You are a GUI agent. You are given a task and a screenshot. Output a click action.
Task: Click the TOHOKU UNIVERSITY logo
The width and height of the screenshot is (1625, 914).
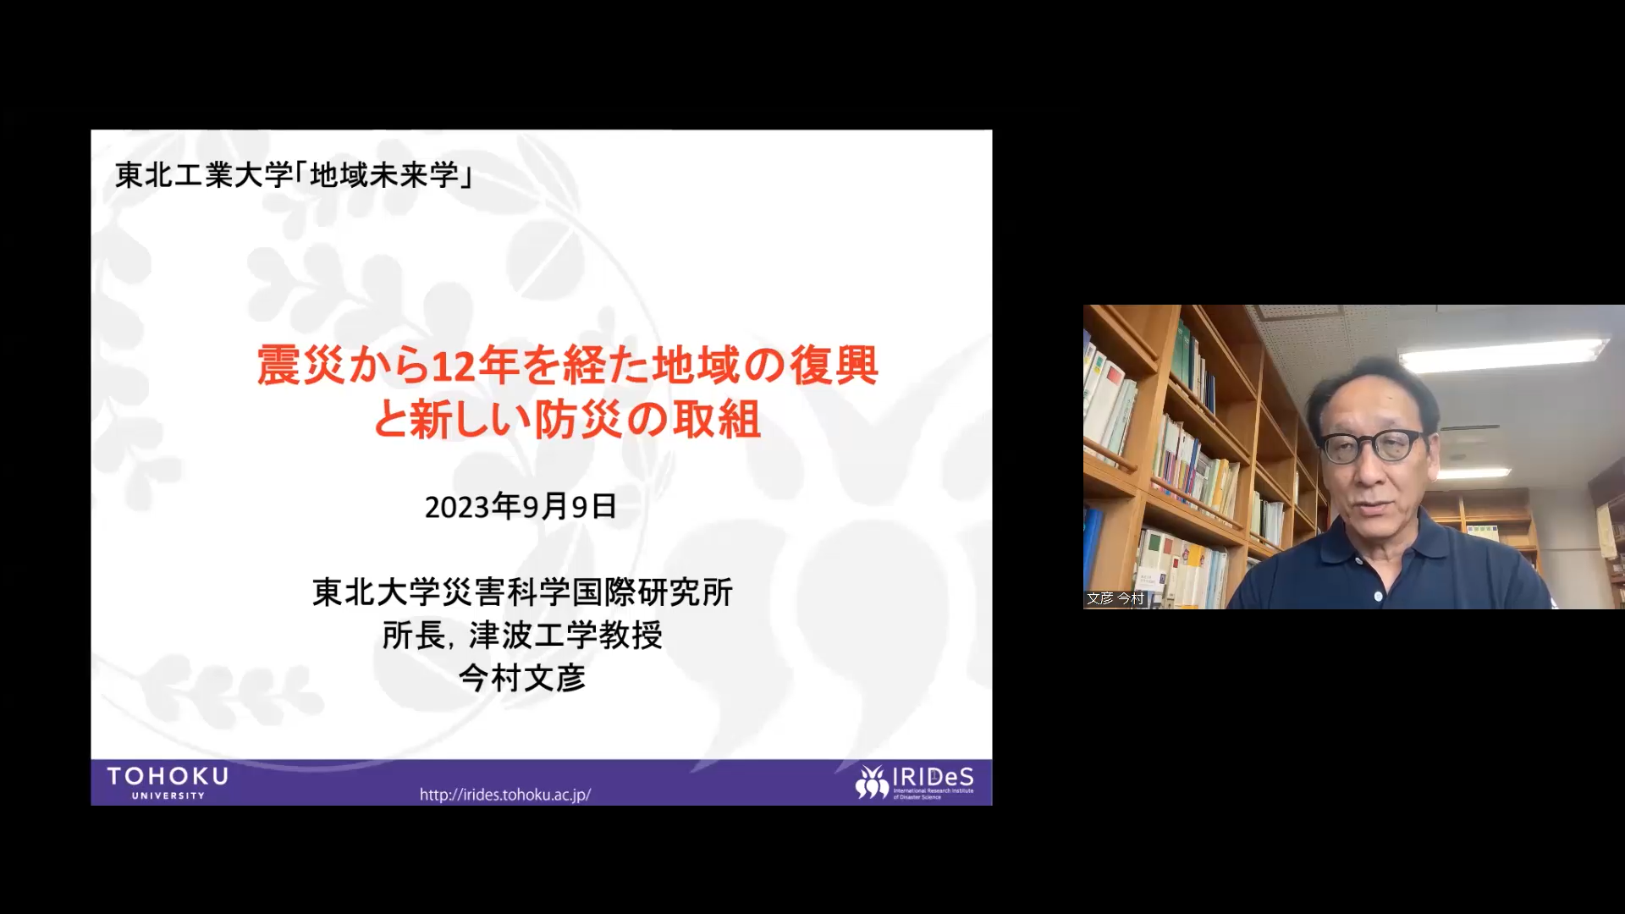click(x=168, y=783)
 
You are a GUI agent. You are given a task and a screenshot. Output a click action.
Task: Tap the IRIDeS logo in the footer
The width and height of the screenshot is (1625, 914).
click(x=914, y=783)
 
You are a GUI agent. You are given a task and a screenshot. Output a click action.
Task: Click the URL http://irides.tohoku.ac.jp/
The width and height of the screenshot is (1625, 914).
click(x=505, y=795)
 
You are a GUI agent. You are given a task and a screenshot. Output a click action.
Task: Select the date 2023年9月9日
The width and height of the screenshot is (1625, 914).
click(x=521, y=507)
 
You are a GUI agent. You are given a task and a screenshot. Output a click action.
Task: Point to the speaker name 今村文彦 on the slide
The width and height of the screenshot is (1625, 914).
click(x=522, y=678)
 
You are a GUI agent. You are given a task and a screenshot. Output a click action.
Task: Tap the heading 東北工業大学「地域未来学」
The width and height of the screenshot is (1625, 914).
click(x=294, y=175)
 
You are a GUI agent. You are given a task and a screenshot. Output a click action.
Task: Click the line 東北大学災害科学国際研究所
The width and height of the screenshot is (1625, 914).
click(x=522, y=592)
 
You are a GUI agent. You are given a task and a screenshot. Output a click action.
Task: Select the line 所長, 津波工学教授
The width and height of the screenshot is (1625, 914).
click(x=522, y=636)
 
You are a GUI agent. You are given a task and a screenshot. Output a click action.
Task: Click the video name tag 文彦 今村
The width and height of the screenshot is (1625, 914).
click(x=1115, y=598)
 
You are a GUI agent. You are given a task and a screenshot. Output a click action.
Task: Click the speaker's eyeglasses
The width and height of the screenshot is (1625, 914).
click(x=1373, y=446)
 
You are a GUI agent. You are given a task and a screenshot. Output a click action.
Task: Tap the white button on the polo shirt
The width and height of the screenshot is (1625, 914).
click(x=1379, y=597)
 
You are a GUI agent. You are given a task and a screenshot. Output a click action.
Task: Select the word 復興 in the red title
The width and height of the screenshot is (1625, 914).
click(x=834, y=366)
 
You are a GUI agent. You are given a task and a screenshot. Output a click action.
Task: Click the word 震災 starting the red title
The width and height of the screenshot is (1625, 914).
click(x=300, y=366)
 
